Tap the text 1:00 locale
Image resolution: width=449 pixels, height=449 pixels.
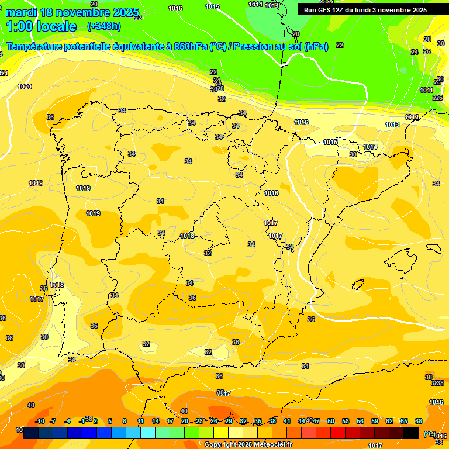click(42, 26)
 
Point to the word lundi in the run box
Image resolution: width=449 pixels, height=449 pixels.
click(360, 10)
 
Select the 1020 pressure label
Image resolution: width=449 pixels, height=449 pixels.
click(25, 87)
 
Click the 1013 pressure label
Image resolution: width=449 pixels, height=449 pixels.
click(392, 125)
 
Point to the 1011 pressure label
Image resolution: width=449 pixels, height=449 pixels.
click(426, 90)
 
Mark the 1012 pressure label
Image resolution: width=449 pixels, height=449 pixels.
click(412, 118)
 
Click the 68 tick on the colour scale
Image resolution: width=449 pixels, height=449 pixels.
click(419, 421)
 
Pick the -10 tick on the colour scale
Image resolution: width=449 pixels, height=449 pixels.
click(40, 421)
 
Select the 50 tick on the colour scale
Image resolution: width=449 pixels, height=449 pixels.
click(331, 421)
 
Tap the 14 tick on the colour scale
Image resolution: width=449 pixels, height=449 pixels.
click(156, 421)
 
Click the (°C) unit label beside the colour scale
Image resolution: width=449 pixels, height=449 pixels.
click(430, 434)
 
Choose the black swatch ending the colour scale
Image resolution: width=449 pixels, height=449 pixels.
click(411, 433)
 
